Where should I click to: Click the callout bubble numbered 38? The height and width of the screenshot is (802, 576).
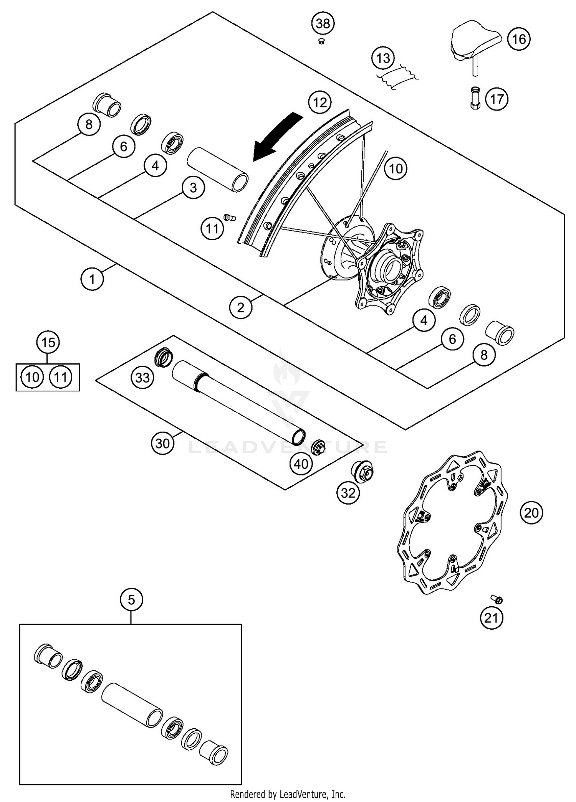323,23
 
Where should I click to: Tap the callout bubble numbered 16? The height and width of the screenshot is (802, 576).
519,39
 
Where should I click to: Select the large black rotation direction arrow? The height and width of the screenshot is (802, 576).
275,138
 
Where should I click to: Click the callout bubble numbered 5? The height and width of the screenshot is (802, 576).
131,599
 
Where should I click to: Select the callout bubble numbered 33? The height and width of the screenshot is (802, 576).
142,377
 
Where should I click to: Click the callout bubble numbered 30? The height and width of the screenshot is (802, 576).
162,443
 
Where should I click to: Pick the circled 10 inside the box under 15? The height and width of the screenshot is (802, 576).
33,377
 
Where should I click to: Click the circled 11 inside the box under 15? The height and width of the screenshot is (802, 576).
61,377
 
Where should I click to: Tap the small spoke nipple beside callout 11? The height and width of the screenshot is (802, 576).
230,218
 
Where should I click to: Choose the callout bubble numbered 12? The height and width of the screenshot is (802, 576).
320,102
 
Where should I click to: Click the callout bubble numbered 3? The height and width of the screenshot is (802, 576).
193,188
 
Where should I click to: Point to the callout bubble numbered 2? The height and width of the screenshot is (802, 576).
241,307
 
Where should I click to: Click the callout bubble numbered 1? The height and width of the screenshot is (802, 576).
92,279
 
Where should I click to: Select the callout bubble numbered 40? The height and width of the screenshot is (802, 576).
301,464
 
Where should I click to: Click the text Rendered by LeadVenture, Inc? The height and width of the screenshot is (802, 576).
288,794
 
